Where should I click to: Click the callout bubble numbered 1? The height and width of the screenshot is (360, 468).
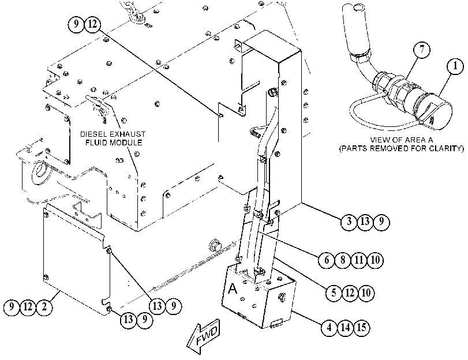[x=455, y=66]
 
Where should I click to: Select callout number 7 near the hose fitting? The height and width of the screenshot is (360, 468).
[x=422, y=50]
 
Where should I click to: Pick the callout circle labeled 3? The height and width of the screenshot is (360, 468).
[x=349, y=222]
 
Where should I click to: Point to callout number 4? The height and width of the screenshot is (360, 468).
[x=329, y=328]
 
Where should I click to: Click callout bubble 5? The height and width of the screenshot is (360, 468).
[x=334, y=293]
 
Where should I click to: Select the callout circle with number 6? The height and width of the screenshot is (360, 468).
[x=326, y=260]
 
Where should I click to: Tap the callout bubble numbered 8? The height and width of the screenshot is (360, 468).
[x=343, y=260]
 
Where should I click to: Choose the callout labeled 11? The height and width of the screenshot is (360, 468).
[x=359, y=260]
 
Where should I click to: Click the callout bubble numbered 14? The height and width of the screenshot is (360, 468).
[x=345, y=328]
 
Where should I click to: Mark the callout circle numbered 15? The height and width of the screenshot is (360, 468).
[x=361, y=328]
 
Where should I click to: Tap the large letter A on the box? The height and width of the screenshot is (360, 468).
[x=232, y=288]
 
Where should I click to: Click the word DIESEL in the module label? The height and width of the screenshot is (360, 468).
[x=91, y=134]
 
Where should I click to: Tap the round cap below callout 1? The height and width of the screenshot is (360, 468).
[x=439, y=114]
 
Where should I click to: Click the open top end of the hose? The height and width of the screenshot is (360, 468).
[x=357, y=7]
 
